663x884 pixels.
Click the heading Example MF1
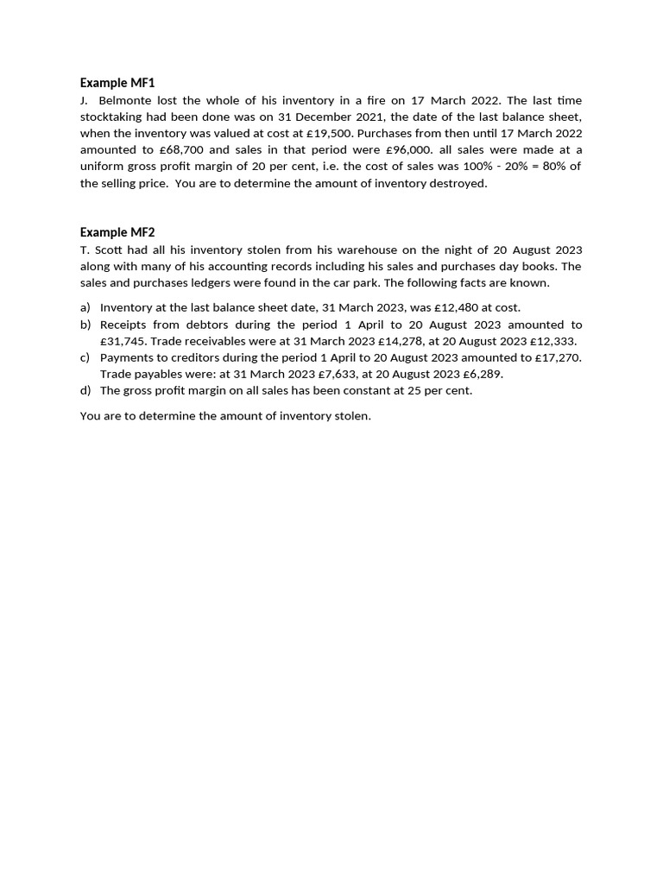(117, 83)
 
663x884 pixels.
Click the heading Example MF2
(117, 232)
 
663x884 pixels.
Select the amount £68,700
(181, 150)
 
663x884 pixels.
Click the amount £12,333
(552, 341)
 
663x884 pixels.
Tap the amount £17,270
(558, 357)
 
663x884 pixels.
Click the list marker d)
(85, 390)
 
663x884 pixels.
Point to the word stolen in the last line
(350, 416)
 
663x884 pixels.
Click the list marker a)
(85, 307)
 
